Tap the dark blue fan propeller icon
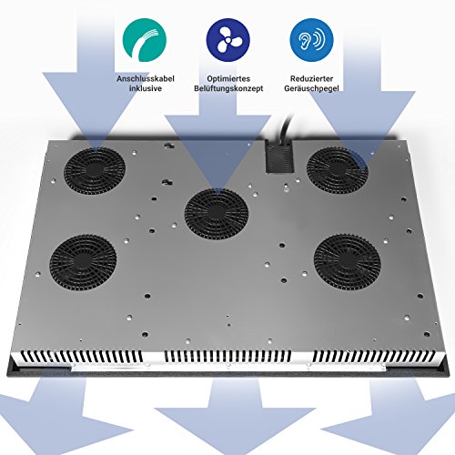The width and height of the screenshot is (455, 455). [228, 40]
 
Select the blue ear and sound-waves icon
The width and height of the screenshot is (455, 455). [311, 40]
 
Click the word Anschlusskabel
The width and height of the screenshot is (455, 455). [146, 79]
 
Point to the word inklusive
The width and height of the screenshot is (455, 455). [146, 88]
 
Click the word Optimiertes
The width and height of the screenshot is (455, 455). [228, 79]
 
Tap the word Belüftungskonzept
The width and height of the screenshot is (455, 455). [228, 88]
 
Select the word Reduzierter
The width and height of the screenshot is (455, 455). [311, 79]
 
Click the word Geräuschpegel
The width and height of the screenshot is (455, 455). [311, 88]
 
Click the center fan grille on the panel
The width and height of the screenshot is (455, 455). [217, 214]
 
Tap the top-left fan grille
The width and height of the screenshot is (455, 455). [95, 171]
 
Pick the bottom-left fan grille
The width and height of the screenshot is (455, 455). [83, 262]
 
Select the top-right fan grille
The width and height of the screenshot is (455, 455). [338, 170]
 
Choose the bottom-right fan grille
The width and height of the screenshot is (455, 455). [348, 262]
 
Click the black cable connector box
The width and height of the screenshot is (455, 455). [279, 157]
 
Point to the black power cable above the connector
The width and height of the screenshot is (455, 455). [287, 126]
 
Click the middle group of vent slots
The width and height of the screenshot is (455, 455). [227, 356]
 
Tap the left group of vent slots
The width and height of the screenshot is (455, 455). [81, 357]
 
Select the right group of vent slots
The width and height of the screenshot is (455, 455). [374, 356]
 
